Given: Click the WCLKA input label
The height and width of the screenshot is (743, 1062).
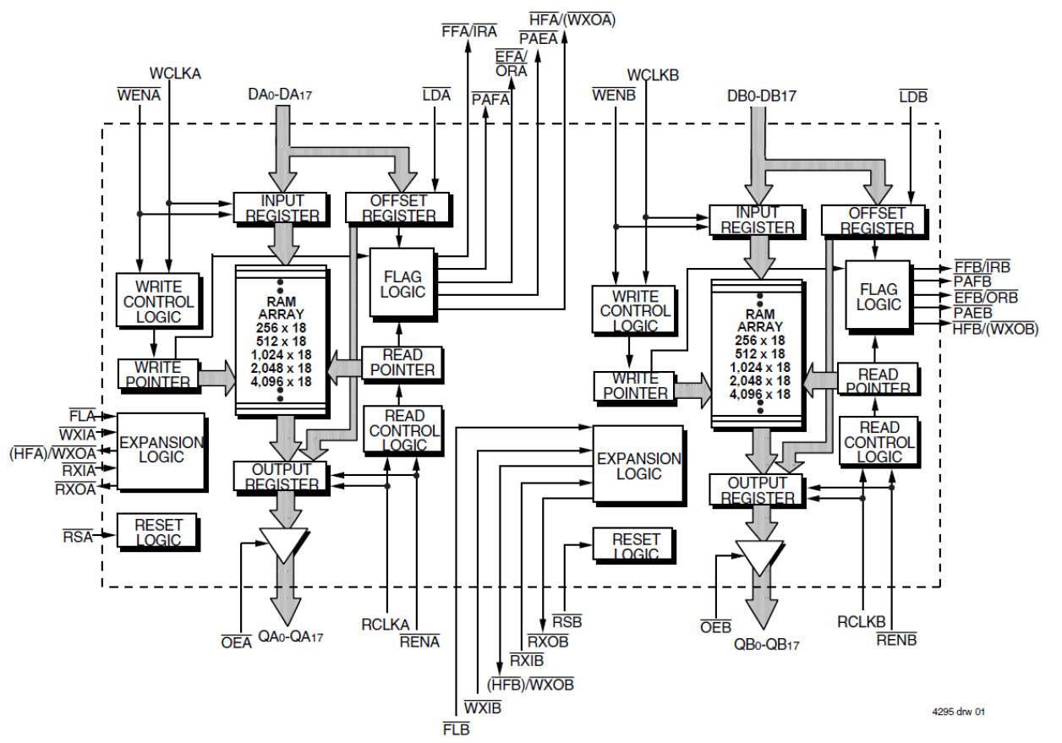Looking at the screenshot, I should [x=175, y=74].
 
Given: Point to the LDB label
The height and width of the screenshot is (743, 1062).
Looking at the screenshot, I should [x=913, y=96].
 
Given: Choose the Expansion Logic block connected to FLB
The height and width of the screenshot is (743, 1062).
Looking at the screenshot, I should [x=638, y=466].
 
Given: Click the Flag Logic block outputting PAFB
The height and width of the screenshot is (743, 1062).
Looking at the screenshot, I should [x=878, y=297].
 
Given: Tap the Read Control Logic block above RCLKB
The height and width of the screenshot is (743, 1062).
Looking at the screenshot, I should [x=879, y=442].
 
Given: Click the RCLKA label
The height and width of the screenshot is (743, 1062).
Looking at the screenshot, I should [x=386, y=625].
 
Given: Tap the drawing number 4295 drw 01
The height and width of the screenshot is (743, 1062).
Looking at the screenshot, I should [x=957, y=713].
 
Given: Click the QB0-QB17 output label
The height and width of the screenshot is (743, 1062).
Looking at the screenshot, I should [x=766, y=644].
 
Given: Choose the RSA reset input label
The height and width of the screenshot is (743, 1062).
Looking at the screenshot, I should [x=77, y=535].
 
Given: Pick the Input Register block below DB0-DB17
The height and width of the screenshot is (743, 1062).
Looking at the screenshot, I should [x=758, y=220].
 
